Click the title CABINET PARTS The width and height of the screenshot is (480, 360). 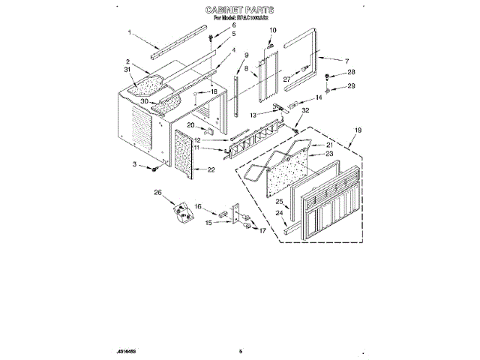tap(239, 10)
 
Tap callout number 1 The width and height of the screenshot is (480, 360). tap(129, 32)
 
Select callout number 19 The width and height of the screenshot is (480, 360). tap(358, 130)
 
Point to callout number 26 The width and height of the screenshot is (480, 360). tap(157, 193)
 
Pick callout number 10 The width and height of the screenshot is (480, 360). tap(272, 30)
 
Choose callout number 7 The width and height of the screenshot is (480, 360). tap(346, 60)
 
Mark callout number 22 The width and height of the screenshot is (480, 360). tap(211, 169)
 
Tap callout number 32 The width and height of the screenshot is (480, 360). tap(304, 111)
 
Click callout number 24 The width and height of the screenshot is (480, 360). tap(280, 213)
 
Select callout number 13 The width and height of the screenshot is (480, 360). tap(253, 115)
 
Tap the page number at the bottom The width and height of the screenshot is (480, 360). tap(241, 350)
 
